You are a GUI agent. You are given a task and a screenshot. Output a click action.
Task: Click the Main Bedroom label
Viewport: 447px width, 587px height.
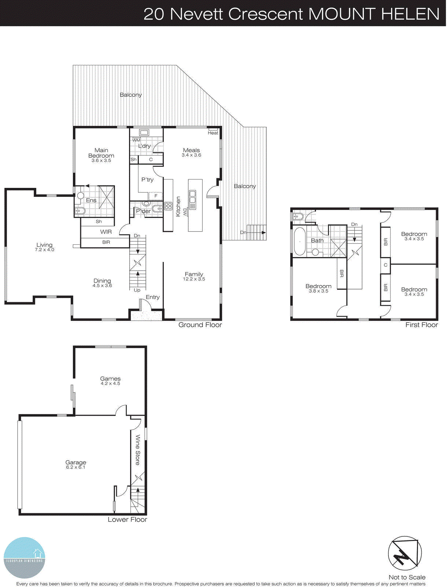pos(101,153)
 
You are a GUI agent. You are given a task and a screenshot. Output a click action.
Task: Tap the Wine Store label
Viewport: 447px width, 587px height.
pos(138,450)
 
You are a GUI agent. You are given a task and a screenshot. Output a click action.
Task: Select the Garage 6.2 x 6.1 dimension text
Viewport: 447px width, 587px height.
pos(75,467)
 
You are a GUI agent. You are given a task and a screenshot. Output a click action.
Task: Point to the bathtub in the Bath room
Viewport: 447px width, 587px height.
pos(300,241)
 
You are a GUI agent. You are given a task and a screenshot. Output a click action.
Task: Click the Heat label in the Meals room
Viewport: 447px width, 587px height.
pos(213,133)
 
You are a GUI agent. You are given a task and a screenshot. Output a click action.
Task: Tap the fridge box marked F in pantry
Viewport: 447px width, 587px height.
pos(156,196)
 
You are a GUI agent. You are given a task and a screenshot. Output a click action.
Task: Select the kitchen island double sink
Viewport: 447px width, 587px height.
pos(192,200)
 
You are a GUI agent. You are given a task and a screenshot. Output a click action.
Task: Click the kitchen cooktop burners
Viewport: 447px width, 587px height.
pos(168,206)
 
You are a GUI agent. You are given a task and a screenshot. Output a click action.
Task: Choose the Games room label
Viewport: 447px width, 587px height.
pos(110,379)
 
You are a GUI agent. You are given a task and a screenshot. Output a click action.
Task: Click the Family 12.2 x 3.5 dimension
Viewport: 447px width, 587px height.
pos(194,279)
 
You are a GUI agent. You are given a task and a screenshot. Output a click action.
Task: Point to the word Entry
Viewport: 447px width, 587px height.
pos(152,297)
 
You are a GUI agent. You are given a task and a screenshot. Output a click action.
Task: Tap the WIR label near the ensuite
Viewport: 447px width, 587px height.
pos(106,232)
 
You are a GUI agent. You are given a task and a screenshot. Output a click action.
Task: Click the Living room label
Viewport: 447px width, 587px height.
pos(44,245)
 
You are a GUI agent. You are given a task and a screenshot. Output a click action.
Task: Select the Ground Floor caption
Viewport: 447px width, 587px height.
pos(200,325)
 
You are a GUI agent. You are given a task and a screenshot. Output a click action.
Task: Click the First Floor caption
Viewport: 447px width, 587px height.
pos(421,325)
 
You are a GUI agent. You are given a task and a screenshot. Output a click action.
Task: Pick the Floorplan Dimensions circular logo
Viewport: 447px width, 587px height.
pos(25,558)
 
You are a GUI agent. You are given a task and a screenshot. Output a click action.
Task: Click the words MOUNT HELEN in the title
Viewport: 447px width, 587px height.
pos(374,14)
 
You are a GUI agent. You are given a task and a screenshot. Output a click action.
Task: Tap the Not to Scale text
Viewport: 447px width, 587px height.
pos(407,577)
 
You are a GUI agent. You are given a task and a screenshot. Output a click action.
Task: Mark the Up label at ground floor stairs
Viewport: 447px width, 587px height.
pos(137,290)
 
